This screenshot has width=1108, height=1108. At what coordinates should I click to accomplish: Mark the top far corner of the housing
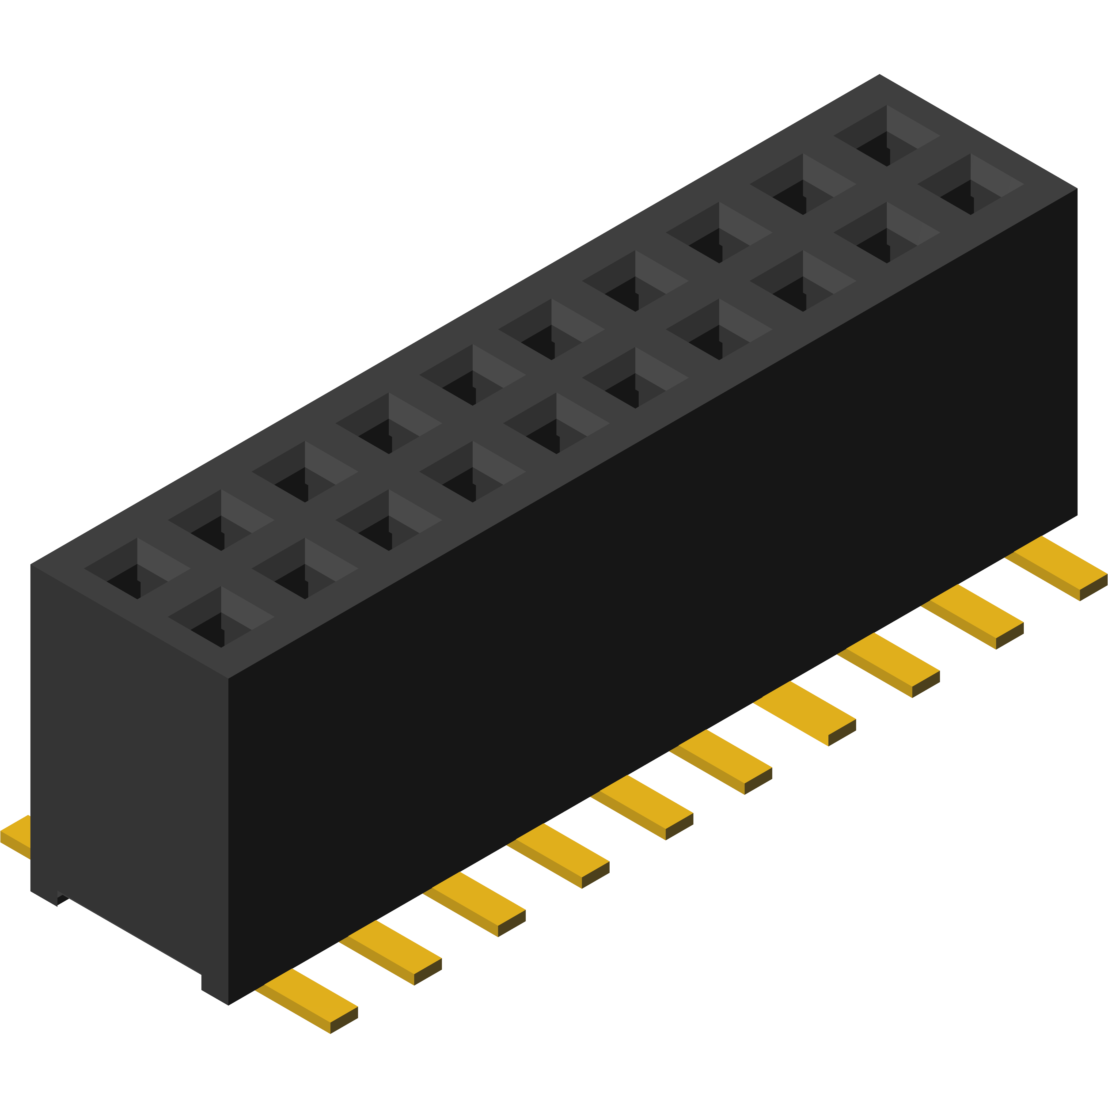pos(879,76)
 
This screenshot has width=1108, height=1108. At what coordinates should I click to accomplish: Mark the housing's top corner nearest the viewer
pos(228,678)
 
